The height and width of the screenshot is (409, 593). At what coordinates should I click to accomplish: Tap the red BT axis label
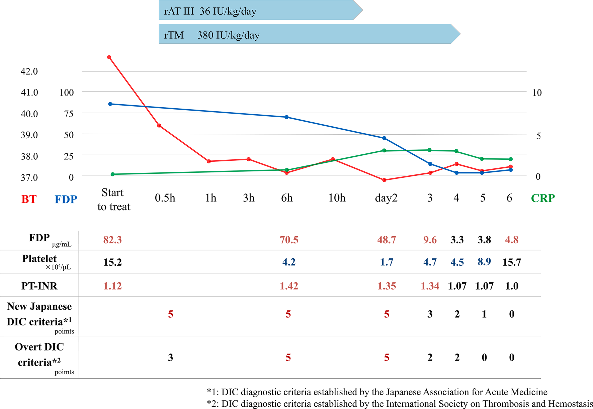(29, 199)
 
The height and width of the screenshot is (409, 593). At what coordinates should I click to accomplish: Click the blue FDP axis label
(66, 199)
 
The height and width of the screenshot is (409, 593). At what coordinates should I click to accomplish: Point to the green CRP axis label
(542, 198)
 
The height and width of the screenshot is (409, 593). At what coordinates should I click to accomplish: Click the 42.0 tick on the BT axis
(29, 71)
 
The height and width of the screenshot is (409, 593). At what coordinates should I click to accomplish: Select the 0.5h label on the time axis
(165, 198)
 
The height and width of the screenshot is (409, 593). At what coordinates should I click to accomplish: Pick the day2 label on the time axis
(386, 198)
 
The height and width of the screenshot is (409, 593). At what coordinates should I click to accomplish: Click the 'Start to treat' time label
(113, 199)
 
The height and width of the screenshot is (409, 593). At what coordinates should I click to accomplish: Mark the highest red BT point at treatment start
(109, 57)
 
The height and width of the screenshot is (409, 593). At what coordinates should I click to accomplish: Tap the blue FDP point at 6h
(286, 117)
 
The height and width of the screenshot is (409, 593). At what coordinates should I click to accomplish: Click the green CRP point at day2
(384, 151)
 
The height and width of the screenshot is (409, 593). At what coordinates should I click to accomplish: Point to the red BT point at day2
(384, 180)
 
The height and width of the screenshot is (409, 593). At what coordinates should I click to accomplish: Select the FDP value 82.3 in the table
(112, 240)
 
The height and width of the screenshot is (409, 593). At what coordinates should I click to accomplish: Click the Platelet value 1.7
(387, 262)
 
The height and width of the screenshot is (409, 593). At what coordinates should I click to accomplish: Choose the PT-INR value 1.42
(289, 286)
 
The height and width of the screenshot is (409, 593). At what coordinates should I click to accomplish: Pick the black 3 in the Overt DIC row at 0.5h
(170, 358)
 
